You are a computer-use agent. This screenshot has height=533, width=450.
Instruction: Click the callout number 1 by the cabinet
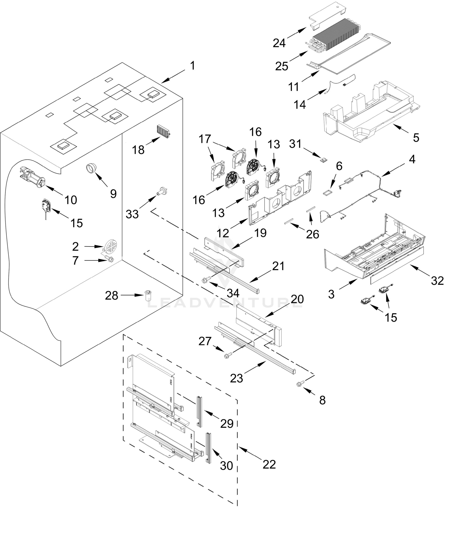point(193,66)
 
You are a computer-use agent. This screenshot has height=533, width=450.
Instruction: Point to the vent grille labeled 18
point(163,131)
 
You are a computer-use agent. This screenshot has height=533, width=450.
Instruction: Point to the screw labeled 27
point(228,355)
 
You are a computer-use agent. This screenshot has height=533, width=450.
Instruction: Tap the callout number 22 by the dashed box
point(269,464)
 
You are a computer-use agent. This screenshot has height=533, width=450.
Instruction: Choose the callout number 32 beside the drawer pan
point(437,281)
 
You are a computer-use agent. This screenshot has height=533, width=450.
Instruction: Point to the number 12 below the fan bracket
point(223,233)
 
